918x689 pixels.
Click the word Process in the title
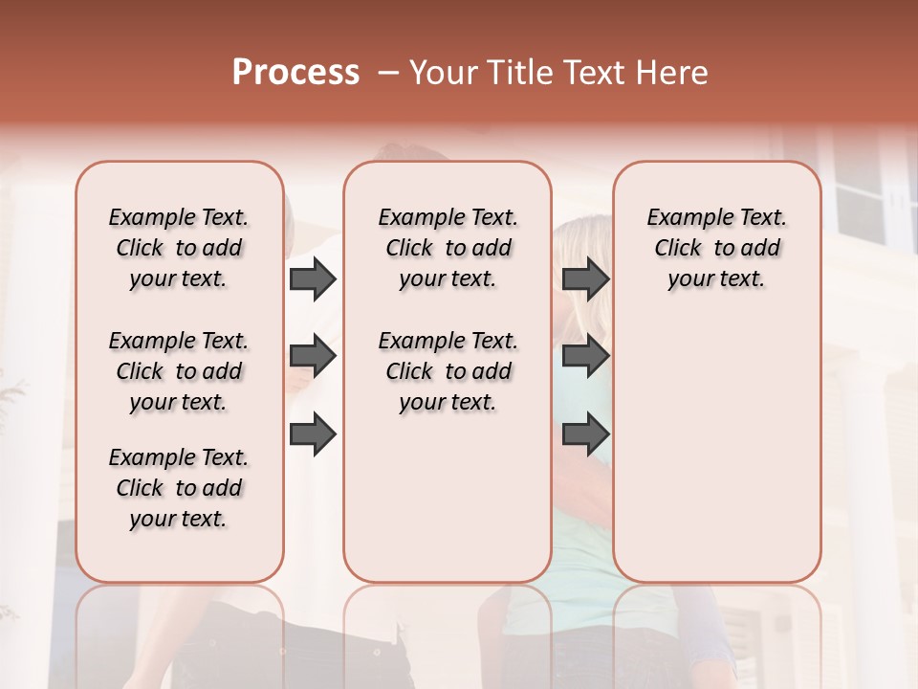[295, 73]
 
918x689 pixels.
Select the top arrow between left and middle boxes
[313, 278]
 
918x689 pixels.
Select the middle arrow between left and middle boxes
[313, 357]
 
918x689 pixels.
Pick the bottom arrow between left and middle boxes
[313, 433]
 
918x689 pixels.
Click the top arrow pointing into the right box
[585, 278]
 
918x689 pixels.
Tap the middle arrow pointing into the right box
[585, 357]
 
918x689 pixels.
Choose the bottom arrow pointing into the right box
[585, 433]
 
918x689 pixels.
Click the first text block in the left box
[179, 248]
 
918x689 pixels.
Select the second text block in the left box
[179, 371]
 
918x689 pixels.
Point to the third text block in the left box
[179, 488]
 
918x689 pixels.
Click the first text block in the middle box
[448, 248]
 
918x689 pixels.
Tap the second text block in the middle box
[448, 371]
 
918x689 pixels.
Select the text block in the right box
[716, 248]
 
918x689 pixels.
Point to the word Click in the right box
[678, 248]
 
